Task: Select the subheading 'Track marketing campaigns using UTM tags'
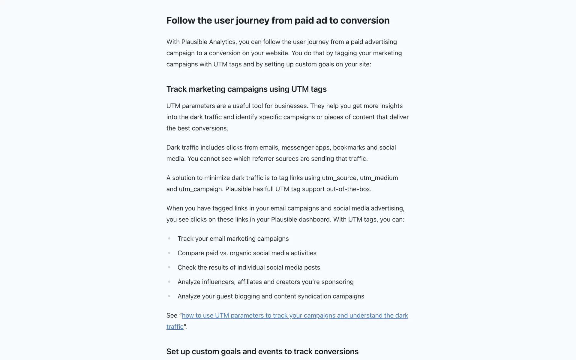pyautogui.click(x=246, y=89)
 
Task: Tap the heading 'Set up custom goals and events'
pyautogui.click(x=262, y=351)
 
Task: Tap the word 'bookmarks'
pyautogui.click(x=349, y=148)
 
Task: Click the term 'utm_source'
pyautogui.click(x=339, y=178)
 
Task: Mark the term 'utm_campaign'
pyautogui.click(x=201, y=189)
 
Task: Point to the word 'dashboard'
pyautogui.click(x=316, y=220)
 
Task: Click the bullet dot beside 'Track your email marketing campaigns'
pyautogui.click(x=169, y=238)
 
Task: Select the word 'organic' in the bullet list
pyautogui.click(x=241, y=253)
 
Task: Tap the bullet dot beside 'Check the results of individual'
pyautogui.click(x=169, y=267)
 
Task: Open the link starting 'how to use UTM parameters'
pyautogui.click(x=295, y=316)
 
